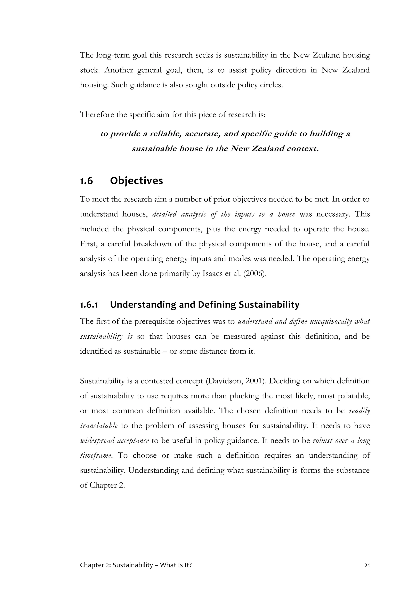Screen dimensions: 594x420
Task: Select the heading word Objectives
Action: coord(136,181)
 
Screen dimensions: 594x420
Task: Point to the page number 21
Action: coord(367,565)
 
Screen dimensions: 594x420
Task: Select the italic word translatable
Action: coord(99,426)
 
